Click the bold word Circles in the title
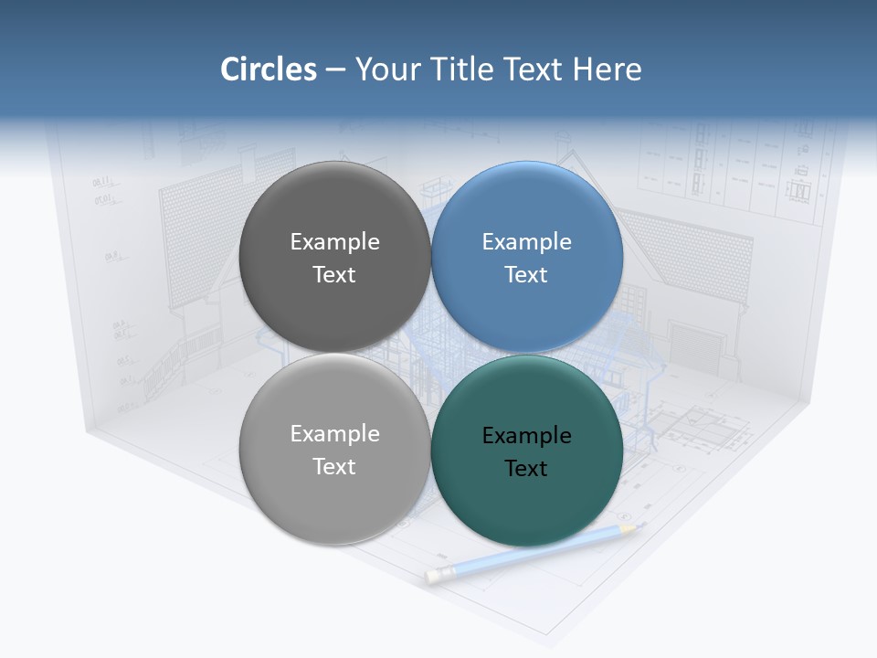[268, 69]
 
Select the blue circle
[527, 210]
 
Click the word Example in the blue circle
[526, 242]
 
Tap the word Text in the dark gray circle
[334, 275]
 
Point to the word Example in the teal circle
[526, 436]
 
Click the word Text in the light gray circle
[334, 467]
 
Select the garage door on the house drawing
[693, 343]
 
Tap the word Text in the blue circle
[526, 275]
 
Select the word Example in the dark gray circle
[334, 242]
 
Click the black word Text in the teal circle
[526, 469]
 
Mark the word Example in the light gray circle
[334, 434]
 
